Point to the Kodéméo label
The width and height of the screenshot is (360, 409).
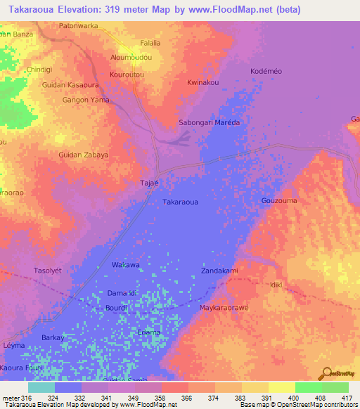(x=267, y=72)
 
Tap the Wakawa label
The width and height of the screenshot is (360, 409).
(x=126, y=265)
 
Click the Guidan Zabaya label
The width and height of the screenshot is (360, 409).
(x=83, y=154)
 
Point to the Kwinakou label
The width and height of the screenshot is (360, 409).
(x=202, y=82)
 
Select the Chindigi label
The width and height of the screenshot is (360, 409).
(x=39, y=70)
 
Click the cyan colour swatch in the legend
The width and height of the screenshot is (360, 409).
(x=41, y=387)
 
